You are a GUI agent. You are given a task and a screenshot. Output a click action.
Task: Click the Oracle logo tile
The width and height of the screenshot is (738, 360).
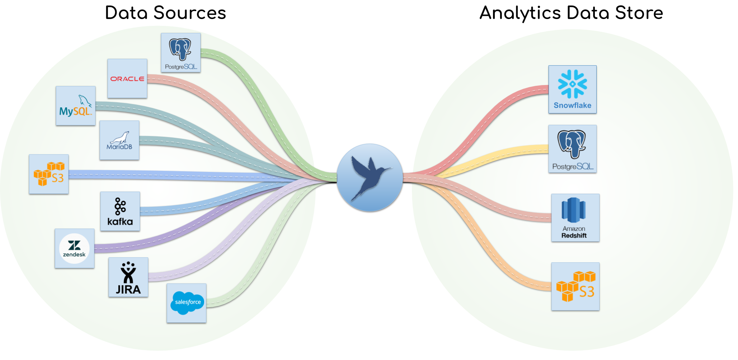tap(127, 79)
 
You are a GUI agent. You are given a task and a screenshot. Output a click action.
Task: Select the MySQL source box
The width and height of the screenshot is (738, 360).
tap(76, 106)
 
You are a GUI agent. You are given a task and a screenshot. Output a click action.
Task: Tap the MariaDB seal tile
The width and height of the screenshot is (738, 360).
tap(119, 140)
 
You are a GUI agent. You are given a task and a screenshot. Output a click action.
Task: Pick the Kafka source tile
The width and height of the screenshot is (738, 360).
tap(120, 211)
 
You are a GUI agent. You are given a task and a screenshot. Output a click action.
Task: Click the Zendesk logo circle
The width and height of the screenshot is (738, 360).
tap(74, 249)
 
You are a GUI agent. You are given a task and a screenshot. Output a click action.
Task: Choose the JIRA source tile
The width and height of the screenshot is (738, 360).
tap(128, 277)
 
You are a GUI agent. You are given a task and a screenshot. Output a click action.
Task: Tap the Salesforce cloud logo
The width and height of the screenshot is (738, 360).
tap(187, 303)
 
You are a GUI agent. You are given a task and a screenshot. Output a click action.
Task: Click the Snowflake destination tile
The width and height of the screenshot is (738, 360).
tap(573, 89)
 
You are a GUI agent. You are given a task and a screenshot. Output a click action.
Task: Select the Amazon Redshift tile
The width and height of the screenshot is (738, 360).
tap(575, 218)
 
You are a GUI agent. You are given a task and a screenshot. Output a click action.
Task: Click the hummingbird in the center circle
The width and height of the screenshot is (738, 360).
tap(370, 176)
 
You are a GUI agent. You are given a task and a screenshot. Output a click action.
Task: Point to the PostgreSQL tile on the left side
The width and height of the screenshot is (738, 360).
tap(181, 53)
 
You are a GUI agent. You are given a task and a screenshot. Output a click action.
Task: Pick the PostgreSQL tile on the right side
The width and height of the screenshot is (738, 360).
tap(573, 149)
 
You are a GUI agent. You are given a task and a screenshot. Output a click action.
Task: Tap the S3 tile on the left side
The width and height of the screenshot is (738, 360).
tap(49, 174)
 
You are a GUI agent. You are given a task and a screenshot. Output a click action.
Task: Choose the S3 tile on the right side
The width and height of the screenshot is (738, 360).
tap(575, 286)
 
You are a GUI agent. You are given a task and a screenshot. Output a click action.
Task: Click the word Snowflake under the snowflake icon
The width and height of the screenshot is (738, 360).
tap(573, 106)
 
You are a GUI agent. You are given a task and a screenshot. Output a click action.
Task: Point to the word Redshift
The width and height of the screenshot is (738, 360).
tap(574, 236)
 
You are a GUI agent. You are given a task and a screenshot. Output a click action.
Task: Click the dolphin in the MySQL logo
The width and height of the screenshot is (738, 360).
tap(85, 100)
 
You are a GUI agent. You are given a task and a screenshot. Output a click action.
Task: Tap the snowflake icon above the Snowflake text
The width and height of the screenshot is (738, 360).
tap(573, 84)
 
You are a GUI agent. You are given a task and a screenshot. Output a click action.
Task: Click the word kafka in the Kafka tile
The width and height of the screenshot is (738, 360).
tap(120, 222)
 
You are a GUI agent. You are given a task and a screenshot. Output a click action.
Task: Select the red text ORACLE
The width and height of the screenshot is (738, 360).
tap(127, 79)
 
